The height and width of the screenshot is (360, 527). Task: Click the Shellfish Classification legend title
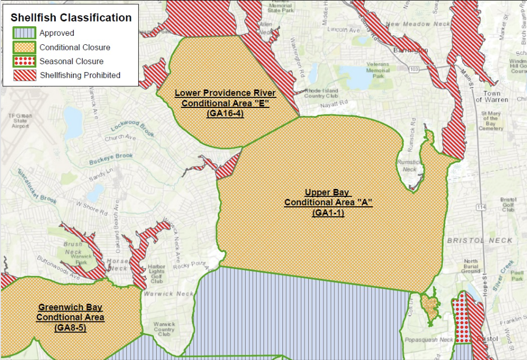(71, 17)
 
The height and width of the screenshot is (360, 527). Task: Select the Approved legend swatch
(24, 33)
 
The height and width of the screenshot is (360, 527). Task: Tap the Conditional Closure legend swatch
(24, 47)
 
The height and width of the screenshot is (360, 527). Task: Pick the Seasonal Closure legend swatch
(24, 61)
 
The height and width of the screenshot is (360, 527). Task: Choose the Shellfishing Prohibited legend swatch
(24, 75)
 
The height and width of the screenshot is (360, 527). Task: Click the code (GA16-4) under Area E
(225, 113)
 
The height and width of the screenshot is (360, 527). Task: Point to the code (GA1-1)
(328, 213)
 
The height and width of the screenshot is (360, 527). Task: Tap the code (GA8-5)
(70, 328)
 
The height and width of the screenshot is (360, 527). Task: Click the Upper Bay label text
(328, 193)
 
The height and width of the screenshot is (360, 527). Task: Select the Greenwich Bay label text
(70, 307)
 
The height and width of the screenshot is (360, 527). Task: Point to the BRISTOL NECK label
(480, 241)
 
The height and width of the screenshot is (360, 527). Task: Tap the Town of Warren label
(492, 96)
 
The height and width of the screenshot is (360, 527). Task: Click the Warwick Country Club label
(164, 329)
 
